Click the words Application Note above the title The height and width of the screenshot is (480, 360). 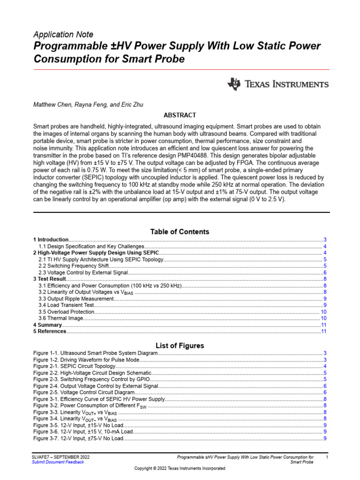[x=63, y=35]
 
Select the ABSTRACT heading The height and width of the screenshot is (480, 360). [x=180, y=115]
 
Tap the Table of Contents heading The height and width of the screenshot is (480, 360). [x=180, y=232]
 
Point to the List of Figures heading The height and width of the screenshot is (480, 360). [x=180, y=346]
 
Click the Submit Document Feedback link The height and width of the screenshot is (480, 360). [x=58, y=462]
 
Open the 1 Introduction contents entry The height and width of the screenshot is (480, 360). [x=51, y=240]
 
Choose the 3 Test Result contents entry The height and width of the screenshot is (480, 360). [x=49, y=279]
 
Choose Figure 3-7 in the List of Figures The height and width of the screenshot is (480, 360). [x=78, y=438]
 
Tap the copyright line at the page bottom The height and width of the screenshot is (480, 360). [x=180, y=468]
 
